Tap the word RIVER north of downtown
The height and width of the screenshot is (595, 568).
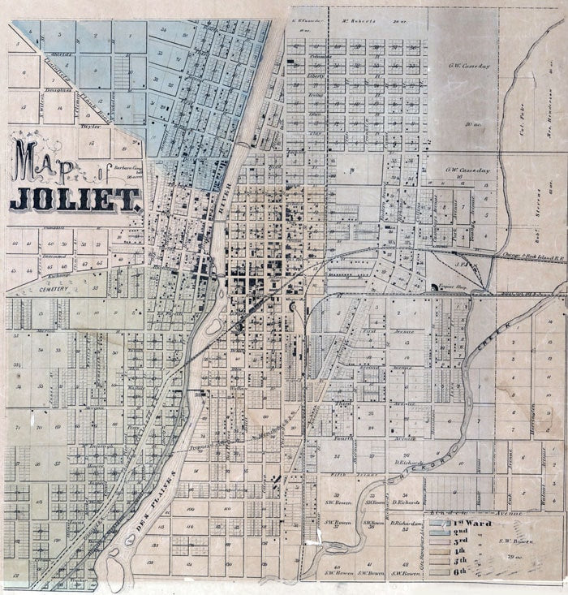click(227, 199)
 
